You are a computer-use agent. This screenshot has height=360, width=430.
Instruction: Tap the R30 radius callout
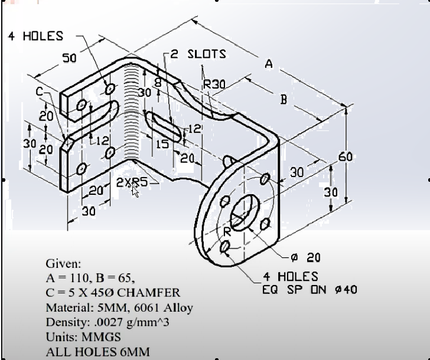pos(214,84)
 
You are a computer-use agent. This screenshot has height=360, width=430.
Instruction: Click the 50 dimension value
pos(70,58)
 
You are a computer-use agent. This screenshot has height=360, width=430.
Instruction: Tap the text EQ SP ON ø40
pos(310,289)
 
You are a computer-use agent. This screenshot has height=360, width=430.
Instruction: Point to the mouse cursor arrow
pos(135,189)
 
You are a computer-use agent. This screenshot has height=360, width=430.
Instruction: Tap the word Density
pos(66,323)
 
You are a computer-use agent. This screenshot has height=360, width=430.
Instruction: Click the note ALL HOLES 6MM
pos(97,352)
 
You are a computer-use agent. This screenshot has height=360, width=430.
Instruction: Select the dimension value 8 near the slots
pos(157,82)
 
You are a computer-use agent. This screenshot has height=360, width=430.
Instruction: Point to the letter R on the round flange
pos(226,231)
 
